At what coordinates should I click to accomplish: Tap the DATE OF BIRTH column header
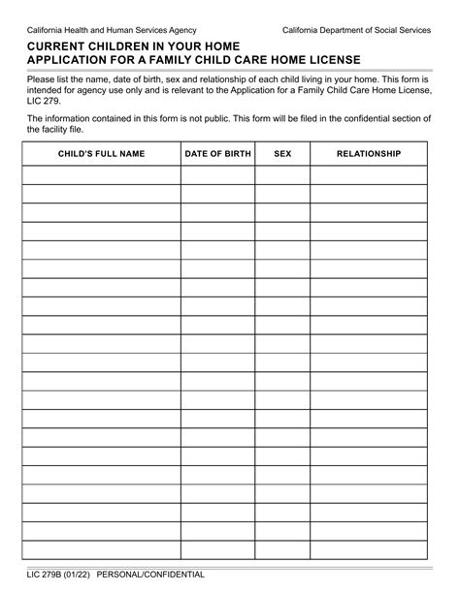tap(218, 154)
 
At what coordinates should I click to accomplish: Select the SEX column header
tap(282, 154)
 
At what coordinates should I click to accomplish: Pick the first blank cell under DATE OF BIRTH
tap(218, 174)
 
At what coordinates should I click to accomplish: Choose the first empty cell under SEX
tap(282, 174)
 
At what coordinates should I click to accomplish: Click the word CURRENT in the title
tap(59, 46)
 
